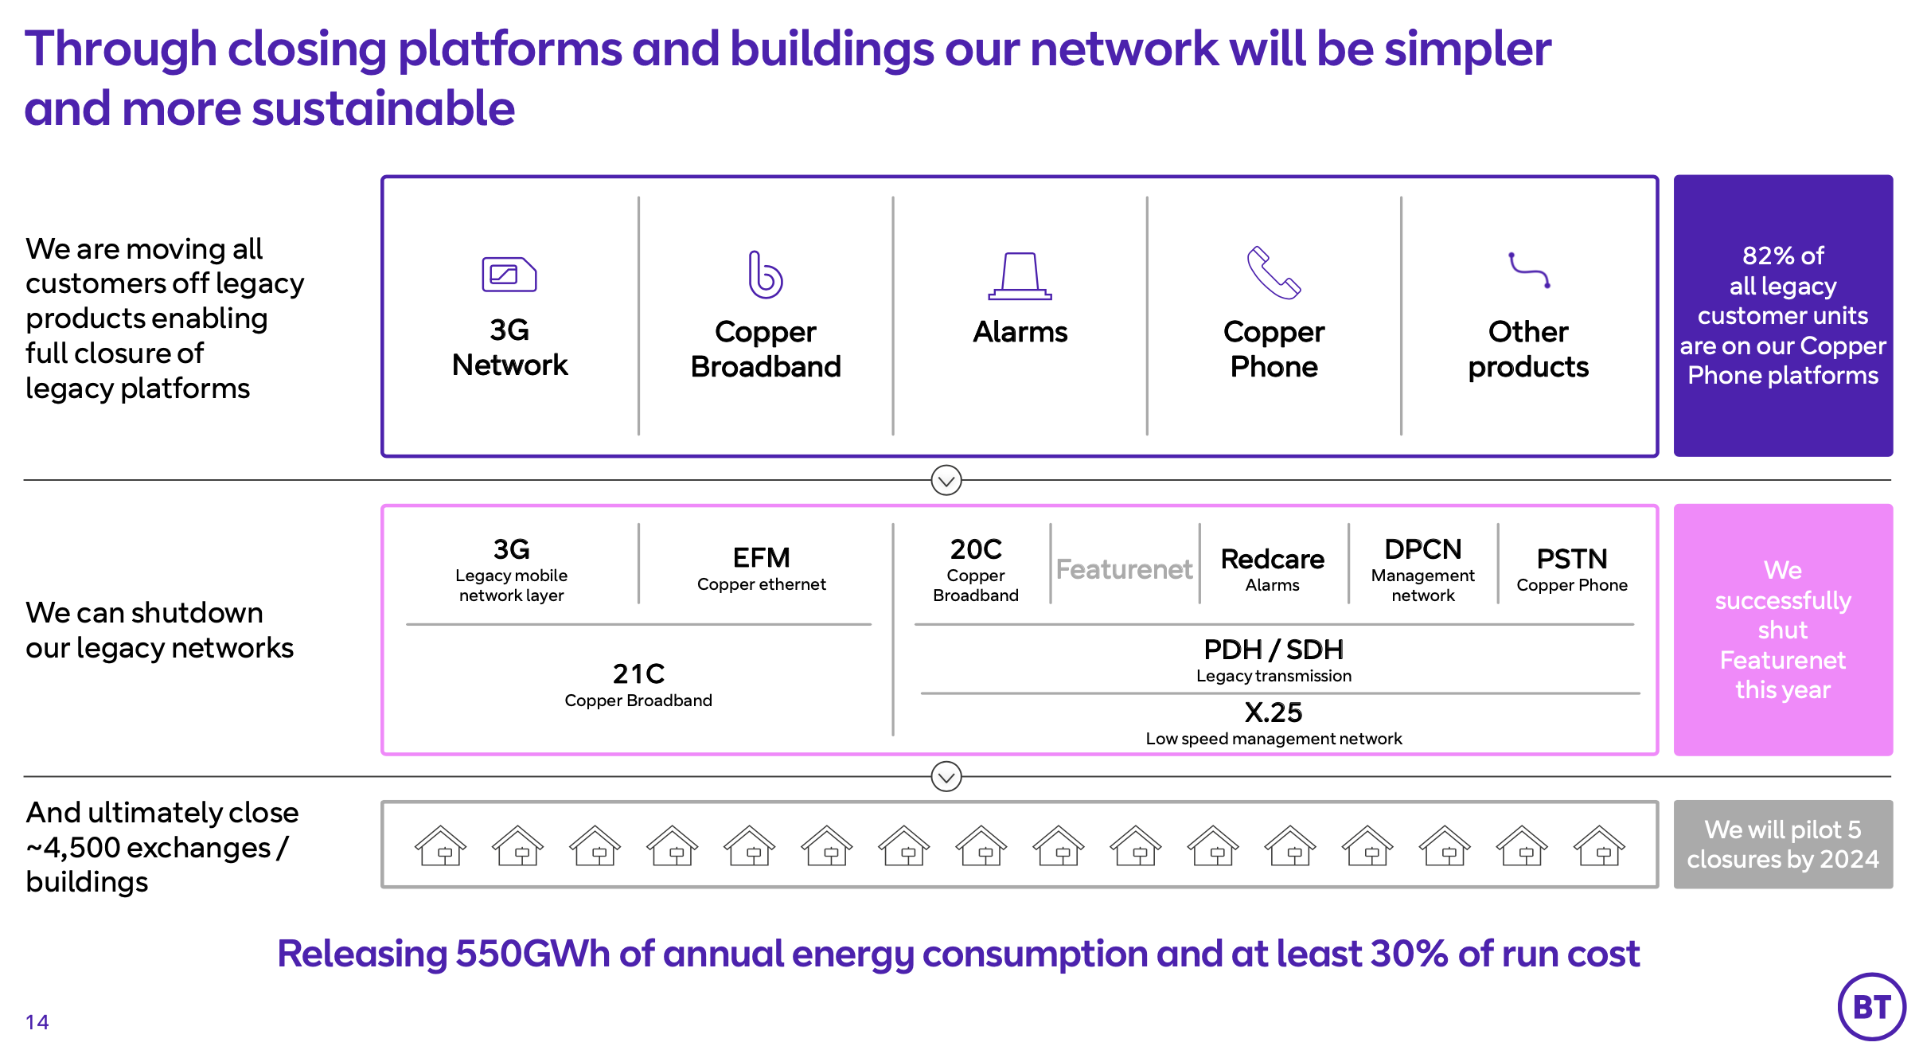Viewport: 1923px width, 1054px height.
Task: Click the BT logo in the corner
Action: [1871, 1007]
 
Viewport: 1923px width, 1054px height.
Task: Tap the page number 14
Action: [37, 1022]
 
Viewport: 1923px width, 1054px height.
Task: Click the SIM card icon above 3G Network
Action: [509, 275]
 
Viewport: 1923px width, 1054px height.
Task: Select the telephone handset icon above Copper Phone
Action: [1273, 273]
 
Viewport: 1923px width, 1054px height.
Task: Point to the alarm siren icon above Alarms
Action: [1020, 275]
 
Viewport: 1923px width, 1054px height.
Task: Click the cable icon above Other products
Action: [1529, 271]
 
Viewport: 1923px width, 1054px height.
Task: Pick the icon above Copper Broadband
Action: [765, 275]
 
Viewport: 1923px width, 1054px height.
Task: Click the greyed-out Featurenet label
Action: [1124, 569]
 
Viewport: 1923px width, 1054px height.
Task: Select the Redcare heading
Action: [1272, 559]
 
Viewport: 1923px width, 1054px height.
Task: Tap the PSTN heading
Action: [1571, 559]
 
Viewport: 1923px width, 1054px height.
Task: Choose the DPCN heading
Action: [1422, 549]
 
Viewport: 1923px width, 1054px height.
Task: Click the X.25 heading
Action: [1274, 712]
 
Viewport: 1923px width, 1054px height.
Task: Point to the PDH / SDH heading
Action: [1274, 650]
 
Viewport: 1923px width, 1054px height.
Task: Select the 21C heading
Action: [638, 674]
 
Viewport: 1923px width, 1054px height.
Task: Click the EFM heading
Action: [761, 557]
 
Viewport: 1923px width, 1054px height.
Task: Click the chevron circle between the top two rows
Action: [946, 480]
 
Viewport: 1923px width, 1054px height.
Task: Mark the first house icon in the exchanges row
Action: [440, 845]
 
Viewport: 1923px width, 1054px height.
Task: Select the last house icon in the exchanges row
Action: [1599, 845]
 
